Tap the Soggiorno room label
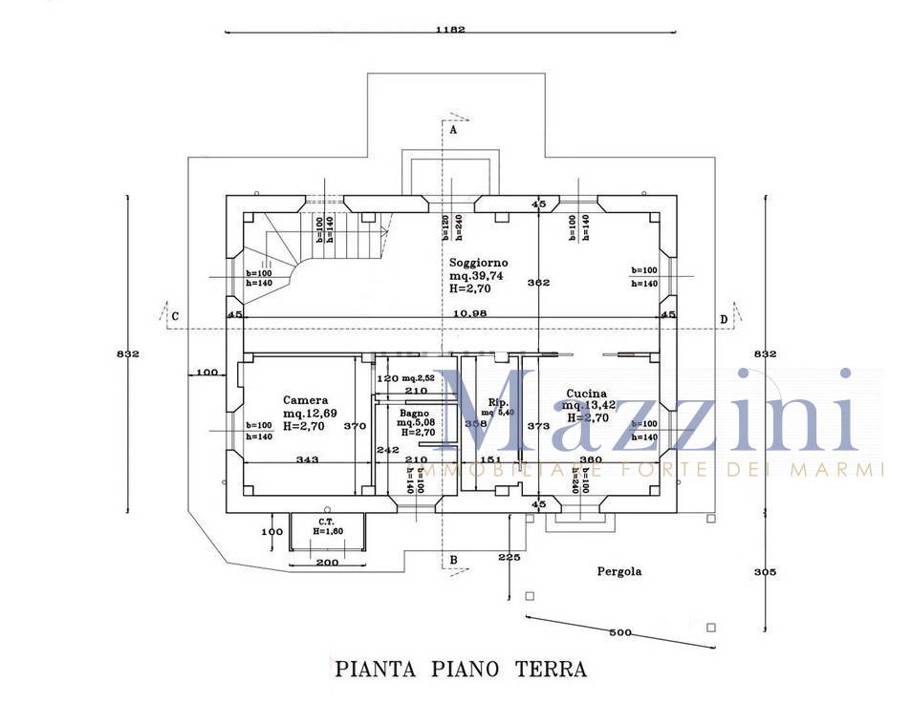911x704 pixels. click(x=478, y=262)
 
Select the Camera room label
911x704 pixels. click(x=306, y=400)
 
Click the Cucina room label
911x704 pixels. click(x=586, y=394)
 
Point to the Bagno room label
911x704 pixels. click(x=415, y=413)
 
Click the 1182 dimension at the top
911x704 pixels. click(x=449, y=30)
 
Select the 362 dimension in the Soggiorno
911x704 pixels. click(x=538, y=283)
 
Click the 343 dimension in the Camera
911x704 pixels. click(x=307, y=460)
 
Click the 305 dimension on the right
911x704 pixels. click(x=765, y=572)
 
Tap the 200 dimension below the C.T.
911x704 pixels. click(x=327, y=563)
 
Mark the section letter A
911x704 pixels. click(x=453, y=130)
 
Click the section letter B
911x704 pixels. click(x=453, y=560)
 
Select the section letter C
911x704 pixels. click(x=176, y=316)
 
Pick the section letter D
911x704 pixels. click(x=724, y=318)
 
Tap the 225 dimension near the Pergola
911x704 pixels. click(x=510, y=557)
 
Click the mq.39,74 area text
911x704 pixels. click(x=476, y=275)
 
